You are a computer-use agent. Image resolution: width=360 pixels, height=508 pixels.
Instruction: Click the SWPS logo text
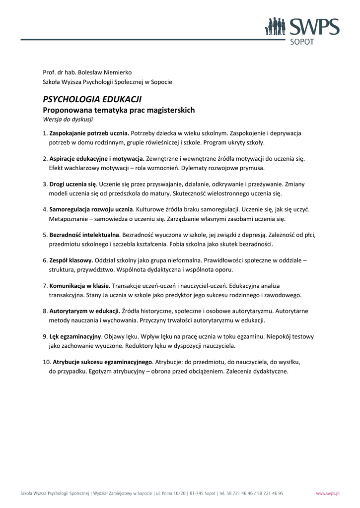[314, 27]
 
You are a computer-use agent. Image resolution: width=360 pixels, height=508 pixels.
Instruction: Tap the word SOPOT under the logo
[301, 43]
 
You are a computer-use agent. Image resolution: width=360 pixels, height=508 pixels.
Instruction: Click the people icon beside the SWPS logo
[274, 27]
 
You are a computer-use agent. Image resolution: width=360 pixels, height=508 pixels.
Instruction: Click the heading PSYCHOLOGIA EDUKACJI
[92, 99]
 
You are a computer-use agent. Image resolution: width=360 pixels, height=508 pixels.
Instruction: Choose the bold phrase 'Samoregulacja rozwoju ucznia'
[91, 209]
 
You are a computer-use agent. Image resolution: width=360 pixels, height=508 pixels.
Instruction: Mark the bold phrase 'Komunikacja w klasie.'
[79, 286]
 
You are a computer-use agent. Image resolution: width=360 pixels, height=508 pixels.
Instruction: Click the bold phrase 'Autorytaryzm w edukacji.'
[85, 311]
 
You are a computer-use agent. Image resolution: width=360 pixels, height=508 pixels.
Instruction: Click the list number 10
[46, 362]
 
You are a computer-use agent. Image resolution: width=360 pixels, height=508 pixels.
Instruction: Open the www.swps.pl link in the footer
[328, 494]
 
